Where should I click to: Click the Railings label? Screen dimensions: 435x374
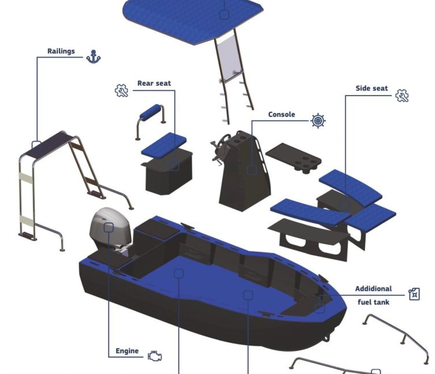(x=61, y=51)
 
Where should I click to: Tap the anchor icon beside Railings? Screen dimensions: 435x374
(x=93, y=57)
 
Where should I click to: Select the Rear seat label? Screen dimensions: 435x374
(x=154, y=83)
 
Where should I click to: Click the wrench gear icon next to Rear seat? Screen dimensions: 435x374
(x=121, y=91)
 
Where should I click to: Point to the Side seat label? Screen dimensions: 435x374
(x=372, y=88)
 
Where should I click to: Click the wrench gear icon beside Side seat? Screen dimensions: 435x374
(x=402, y=96)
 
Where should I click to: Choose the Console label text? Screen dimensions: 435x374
(x=282, y=114)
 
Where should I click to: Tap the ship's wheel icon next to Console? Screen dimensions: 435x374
(x=318, y=121)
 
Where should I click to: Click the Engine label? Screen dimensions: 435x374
(x=127, y=351)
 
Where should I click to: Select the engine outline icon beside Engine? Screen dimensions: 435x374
(x=155, y=356)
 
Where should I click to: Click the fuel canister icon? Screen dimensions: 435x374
(x=414, y=294)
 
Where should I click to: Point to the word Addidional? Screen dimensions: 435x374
(x=373, y=289)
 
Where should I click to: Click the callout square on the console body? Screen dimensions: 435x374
(x=252, y=170)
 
